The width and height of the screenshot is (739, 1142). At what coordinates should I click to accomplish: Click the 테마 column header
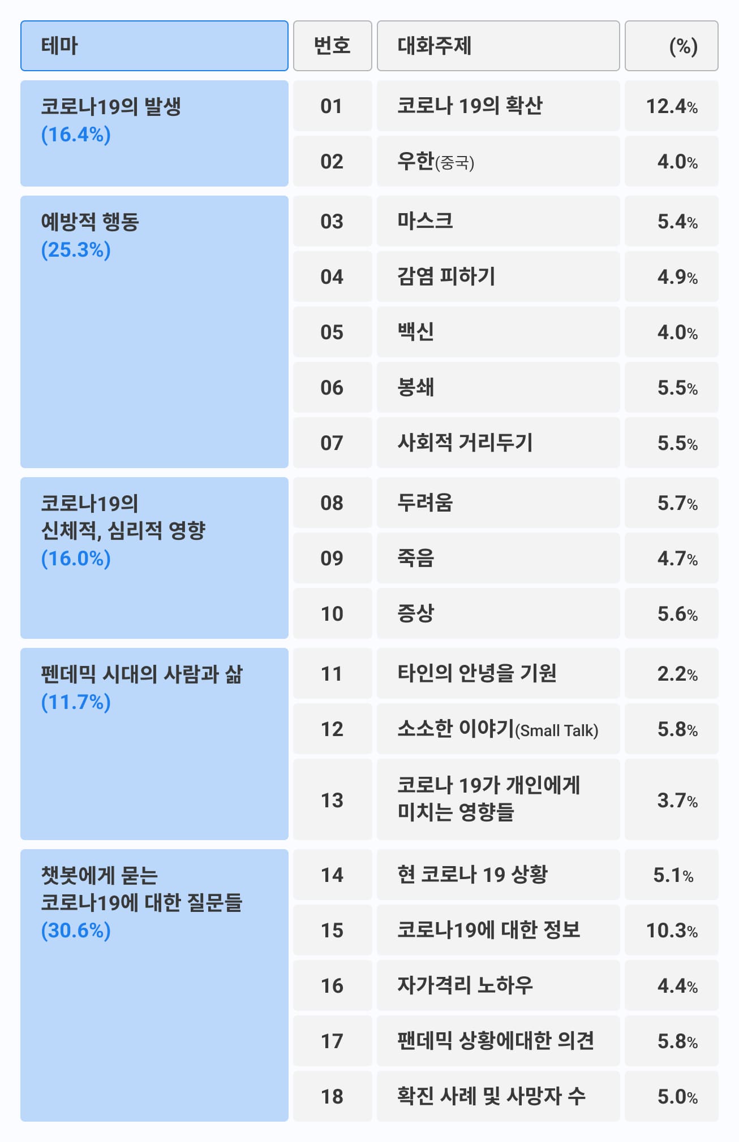click(154, 46)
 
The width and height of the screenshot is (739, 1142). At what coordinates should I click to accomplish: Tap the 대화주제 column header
click(498, 46)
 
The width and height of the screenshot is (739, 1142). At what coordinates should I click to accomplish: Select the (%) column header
click(671, 46)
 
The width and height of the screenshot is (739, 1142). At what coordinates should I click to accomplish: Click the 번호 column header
click(332, 46)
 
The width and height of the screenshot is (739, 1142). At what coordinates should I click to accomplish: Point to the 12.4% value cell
click(671, 106)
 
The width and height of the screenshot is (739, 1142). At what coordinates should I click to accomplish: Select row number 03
click(332, 221)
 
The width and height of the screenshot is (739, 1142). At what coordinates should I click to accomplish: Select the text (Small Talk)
click(557, 730)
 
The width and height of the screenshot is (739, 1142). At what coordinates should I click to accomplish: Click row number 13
click(332, 800)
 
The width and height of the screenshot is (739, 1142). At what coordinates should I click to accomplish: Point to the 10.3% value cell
click(671, 930)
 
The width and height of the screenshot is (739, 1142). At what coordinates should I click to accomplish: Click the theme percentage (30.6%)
click(76, 930)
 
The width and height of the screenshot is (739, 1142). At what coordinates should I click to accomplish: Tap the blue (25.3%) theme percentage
click(76, 249)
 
